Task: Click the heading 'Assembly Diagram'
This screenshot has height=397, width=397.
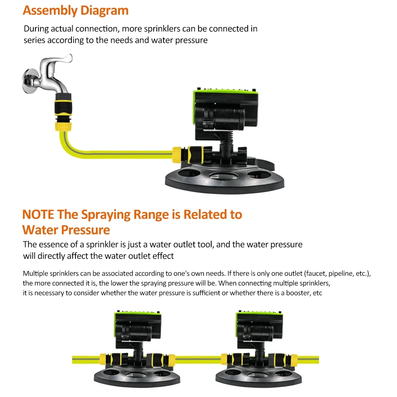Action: [75, 10]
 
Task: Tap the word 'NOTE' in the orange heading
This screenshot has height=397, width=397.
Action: [39, 214]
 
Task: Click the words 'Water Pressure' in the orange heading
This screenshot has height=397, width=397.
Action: [66, 230]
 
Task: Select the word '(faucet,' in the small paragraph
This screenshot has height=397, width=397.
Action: [318, 274]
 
